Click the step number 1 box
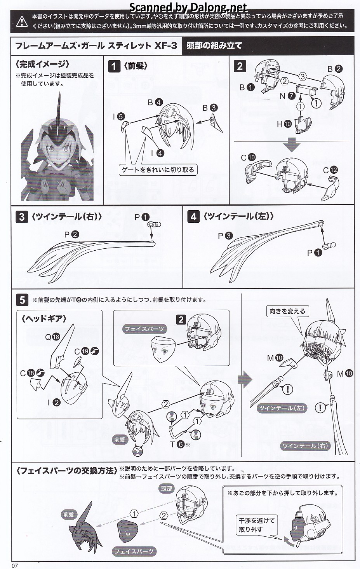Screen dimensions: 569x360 click(113, 66)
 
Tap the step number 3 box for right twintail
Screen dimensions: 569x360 click(22, 216)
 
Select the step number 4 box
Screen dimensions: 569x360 click(193, 216)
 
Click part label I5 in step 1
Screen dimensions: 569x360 click(118, 117)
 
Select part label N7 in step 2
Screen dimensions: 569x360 click(287, 96)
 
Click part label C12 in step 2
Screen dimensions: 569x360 click(330, 170)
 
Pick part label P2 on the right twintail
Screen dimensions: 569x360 click(71, 234)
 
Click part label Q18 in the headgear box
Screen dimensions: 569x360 click(52, 337)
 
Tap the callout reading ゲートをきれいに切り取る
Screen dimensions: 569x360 click(158, 170)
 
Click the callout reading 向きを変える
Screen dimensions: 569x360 click(287, 311)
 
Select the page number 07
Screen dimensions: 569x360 click(15, 566)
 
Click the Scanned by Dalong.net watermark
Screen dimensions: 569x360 click(188, 7)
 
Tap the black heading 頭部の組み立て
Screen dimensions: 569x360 click(214, 46)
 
